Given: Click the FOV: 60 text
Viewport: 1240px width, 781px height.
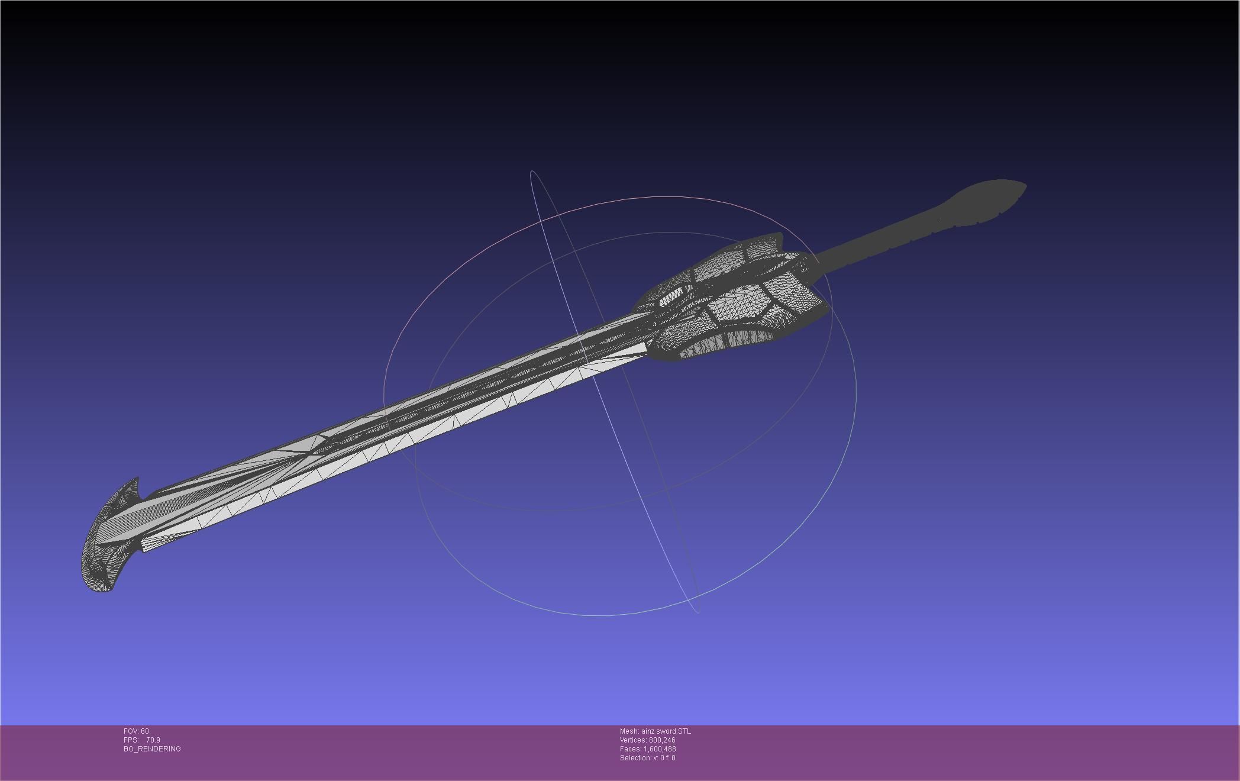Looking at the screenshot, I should pyautogui.click(x=136, y=731).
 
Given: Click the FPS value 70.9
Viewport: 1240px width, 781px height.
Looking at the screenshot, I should pyautogui.click(x=153, y=740).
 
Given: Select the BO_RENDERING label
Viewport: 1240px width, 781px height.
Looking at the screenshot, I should pyautogui.click(x=152, y=749).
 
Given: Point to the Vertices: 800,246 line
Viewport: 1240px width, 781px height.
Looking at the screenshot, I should pyautogui.click(x=647, y=740).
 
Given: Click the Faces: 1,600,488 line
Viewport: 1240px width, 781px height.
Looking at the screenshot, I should pyautogui.click(x=647, y=749).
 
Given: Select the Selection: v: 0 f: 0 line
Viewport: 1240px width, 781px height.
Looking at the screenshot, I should pyautogui.click(x=647, y=758).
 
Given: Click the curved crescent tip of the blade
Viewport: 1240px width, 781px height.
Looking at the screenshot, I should pyautogui.click(x=104, y=544).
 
